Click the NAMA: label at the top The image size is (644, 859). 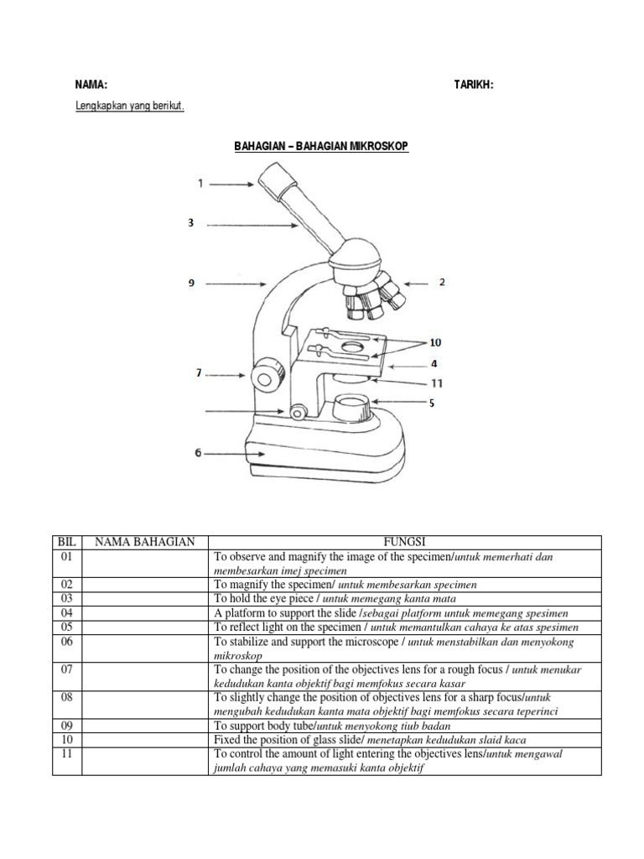91,85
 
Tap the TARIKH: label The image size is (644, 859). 474,85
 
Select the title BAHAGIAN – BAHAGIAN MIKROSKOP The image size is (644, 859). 321,146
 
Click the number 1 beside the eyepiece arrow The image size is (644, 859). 200,182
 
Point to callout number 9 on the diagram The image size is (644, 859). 191,284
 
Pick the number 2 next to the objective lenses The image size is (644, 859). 441,284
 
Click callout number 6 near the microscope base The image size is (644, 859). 198,453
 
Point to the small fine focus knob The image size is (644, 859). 298,412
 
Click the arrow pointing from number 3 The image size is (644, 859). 252,225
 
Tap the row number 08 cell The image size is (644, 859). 66,697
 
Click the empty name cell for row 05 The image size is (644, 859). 144,627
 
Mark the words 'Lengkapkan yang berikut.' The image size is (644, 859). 130,107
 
